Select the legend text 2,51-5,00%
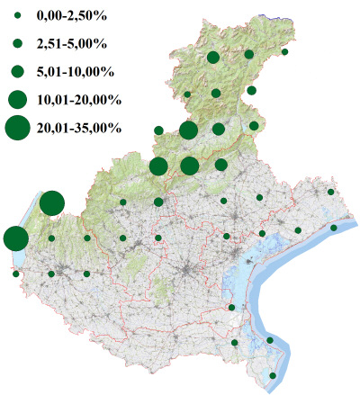[71, 43]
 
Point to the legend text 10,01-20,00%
[78, 99]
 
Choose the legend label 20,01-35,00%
[78, 129]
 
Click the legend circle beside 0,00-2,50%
[17, 15]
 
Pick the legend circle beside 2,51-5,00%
[17, 43]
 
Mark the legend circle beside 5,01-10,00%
[17, 71]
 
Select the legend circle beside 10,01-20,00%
[17, 99]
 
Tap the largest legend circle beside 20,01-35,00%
[17, 129]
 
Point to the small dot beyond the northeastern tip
[285, 52]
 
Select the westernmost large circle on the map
[15, 238]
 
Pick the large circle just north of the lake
[51, 203]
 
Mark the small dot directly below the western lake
[16, 274]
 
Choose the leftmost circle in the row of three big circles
[158, 166]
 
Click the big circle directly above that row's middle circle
[188, 130]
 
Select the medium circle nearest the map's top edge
[213, 58]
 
